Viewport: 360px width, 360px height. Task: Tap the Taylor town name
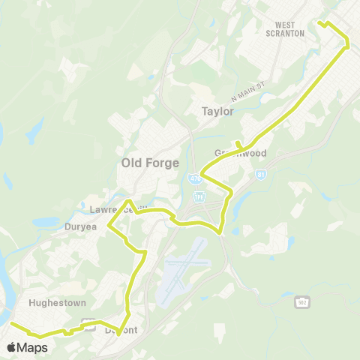point(217,111)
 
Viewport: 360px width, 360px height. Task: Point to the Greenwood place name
point(241,153)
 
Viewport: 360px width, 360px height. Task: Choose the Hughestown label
point(57,303)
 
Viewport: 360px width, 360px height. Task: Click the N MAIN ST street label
point(249,89)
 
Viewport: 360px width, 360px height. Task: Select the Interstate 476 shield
point(195,178)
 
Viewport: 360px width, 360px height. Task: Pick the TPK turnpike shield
point(199,197)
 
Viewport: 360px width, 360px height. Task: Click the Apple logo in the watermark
point(12,347)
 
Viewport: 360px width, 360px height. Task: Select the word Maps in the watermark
point(33,347)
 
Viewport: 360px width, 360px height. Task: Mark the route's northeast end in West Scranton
point(319,23)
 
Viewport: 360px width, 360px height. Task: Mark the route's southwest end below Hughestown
point(11,324)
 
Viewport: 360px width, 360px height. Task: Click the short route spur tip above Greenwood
point(237,142)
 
